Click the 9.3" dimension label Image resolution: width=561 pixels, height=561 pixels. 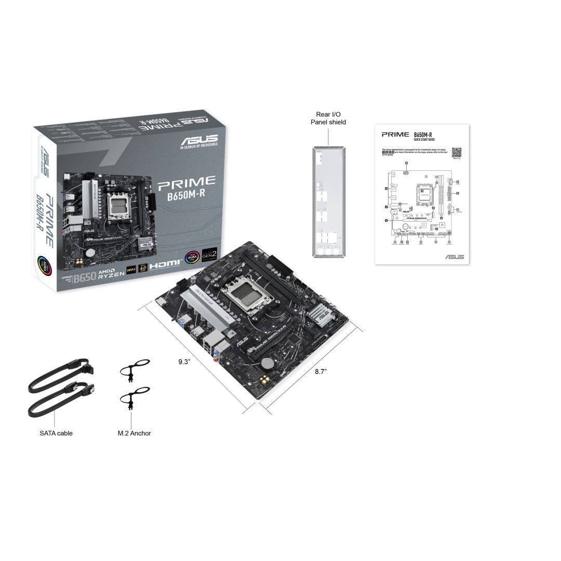(x=185, y=362)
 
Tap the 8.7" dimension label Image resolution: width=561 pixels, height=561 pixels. (x=321, y=371)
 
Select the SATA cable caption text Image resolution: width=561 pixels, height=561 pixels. (x=56, y=433)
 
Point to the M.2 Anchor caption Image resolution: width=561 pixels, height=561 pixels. (x=135, y=433)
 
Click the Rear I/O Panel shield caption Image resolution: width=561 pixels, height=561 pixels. (x=328, y=118)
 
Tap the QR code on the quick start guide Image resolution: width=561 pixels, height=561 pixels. (x=456, y=152)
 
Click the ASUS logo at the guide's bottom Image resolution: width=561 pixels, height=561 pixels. (x=454, y=257)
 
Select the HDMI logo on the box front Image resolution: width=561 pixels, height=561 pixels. (x=165, y=265)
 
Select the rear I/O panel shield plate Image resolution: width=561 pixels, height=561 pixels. (x=328, y=201)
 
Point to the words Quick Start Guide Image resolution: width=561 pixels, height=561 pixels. (x=424, y=140)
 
